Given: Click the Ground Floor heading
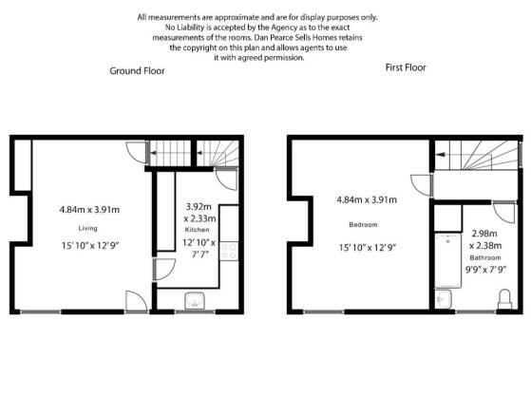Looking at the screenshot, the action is tap(137, 71).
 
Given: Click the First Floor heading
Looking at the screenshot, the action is tap(406, 67).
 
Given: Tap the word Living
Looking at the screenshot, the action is tap(87, 229).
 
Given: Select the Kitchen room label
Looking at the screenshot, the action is tap(197, 230).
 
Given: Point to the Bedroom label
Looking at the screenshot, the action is tap(363, 225).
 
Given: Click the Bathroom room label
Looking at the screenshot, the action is tap(485, 258).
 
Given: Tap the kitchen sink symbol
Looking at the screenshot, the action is tap(195, 301).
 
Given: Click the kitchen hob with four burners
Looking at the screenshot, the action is tap(229, 251).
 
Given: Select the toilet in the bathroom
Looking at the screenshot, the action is tap(504, 299).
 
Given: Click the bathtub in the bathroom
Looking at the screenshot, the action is tap(447, 260).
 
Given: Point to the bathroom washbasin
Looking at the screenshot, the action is tap(443, 299).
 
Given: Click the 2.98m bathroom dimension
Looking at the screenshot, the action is tap(484, 234).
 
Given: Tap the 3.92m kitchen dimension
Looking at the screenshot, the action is tap(199, 206).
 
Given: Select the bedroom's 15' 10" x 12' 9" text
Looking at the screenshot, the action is tap(368, 248).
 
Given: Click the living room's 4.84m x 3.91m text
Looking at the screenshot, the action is tap(89, 210).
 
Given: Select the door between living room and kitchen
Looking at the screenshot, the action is tap(164, 270).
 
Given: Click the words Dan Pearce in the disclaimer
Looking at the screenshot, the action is tap(270, 38).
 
